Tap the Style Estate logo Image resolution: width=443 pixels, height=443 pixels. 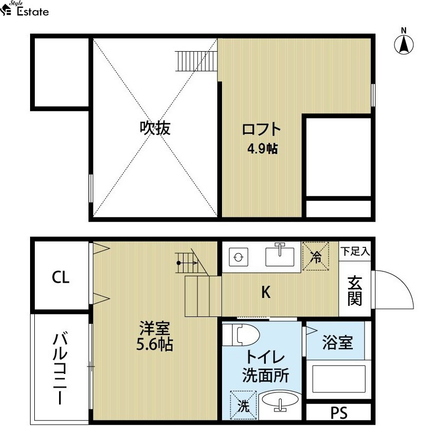click(x=25, y=8)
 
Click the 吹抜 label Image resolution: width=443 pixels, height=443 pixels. click(x=155, y=128)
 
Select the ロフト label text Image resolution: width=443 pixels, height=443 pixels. click(x=262, y=130)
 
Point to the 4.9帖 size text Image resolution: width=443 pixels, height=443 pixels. click(x=263, y=149)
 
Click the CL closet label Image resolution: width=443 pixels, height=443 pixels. click(x=61, y=277)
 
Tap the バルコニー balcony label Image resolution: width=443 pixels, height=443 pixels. click(x=60, y=369)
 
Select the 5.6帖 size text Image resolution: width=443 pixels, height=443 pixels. click(x=155, y=344)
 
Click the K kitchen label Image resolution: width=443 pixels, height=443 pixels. click(x=266, y=292)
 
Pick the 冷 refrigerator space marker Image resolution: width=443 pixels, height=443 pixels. click(x=315, y=256)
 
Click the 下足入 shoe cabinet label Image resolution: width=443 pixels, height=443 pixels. click(x=355, y=251)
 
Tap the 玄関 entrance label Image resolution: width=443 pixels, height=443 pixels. click(x=354, y=291)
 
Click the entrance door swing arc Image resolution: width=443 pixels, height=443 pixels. click(x=404, y=283)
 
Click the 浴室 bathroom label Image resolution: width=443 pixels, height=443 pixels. click(x=338, y=342)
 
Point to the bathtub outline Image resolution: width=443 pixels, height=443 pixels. click(x=339, y=379)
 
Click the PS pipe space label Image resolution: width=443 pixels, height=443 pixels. click(x=339, y=413)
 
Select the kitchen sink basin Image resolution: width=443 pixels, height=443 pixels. click(x=280, y=256)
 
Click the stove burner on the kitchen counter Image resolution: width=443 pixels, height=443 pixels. click(x=238, y=257)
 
